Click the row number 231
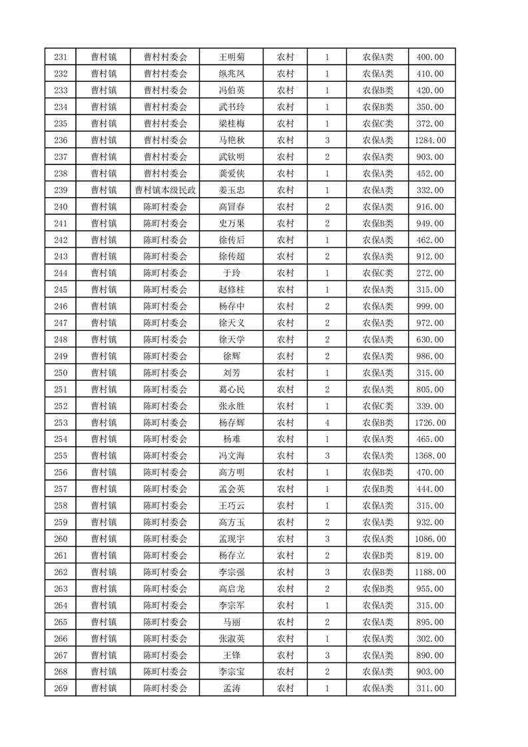click(60, 57)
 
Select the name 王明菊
click(231, 57)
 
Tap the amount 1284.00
click(431, 140)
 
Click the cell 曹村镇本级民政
click(165, 190)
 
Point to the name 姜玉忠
click(231, 190)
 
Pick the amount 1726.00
click(431, 423)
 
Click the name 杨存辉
click(231, 423)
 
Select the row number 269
click(60, 688)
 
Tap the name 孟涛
click(231, 688)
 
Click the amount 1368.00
click(431, 456)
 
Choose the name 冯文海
click(231, 456)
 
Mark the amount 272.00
click(431, 273)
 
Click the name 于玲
click(231, 273)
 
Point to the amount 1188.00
click(431, 572)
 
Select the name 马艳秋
click(231, 140)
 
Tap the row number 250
click(60, 373)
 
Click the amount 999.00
click(431, 306)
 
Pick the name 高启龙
click(231, 589)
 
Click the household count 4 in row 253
click(327, 423)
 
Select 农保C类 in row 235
click(378, 124)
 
